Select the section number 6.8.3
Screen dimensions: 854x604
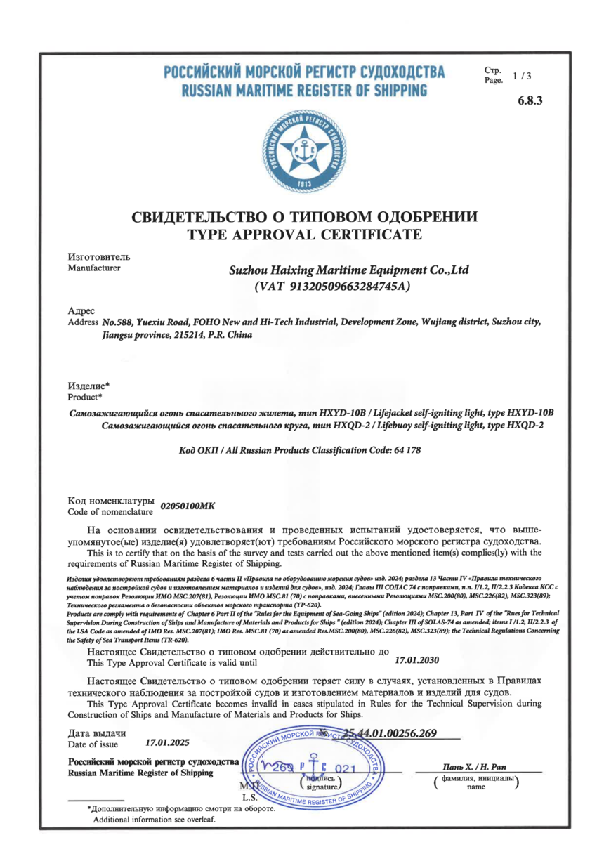pos(530,100)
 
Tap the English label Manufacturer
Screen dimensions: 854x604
pos(93,267)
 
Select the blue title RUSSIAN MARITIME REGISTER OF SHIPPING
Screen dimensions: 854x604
pos(303,91)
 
